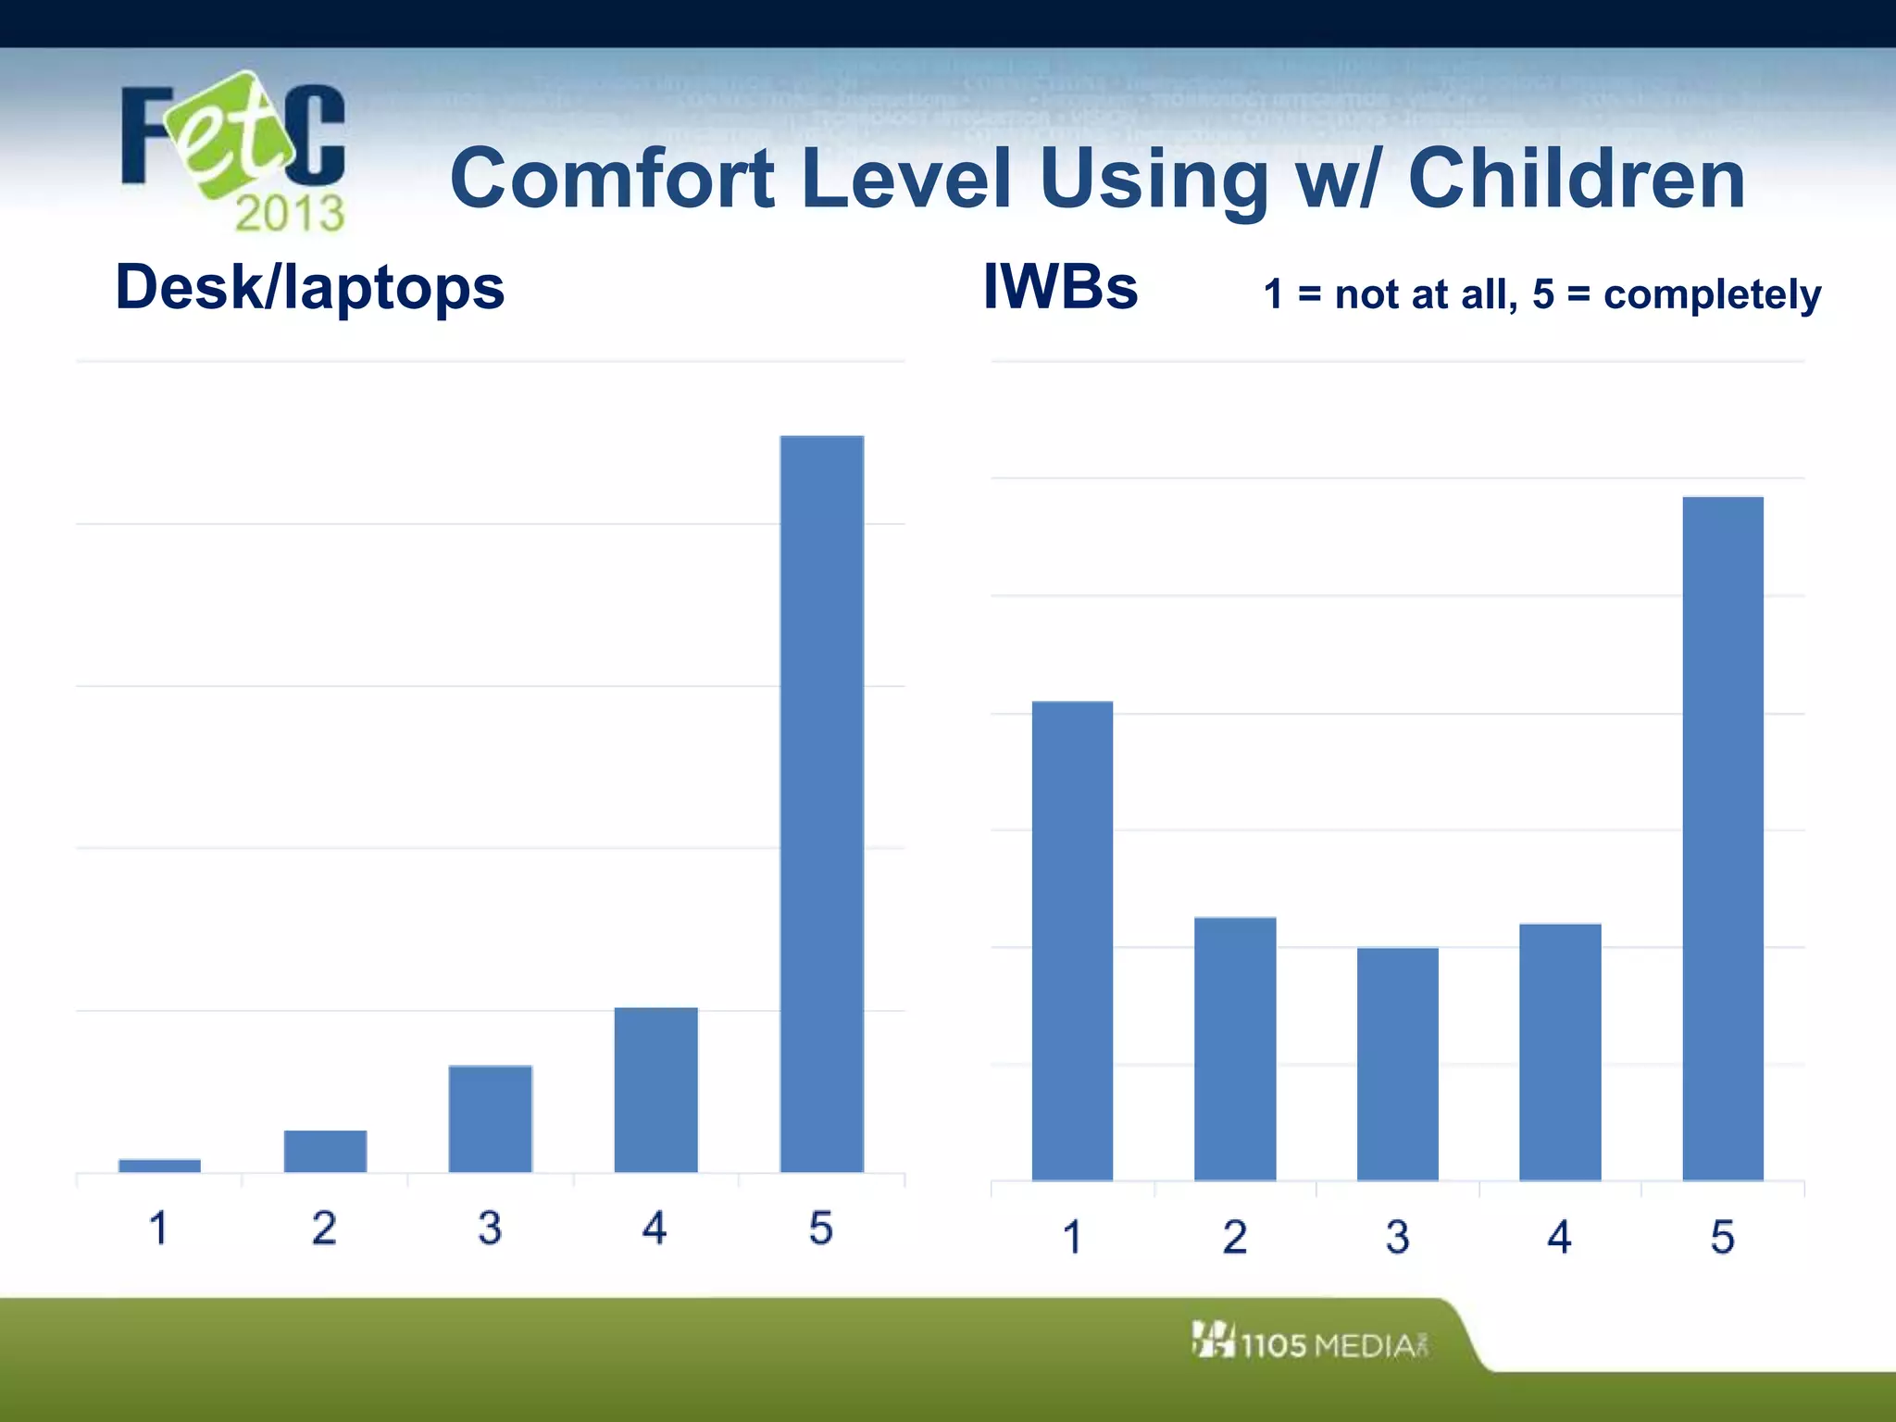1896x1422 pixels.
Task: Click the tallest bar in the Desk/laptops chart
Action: click(822, 804)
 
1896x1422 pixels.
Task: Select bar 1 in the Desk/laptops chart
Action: click(159, 1166)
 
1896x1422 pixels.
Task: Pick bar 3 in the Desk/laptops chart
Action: click(491, 1118)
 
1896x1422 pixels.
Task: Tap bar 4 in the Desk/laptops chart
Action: click(655, 1090)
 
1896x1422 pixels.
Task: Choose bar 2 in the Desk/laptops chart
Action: click(325, 1151)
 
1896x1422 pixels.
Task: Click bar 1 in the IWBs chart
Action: click(1072, 941)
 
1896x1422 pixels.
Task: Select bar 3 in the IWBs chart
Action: click(1397, 1064)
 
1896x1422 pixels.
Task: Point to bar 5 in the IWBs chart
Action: click(1722, 839)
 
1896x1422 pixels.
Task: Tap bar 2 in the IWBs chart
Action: click(1235, 1049)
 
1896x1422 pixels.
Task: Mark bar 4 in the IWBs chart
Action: click(1560, 1052)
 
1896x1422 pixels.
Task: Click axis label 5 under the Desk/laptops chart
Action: click(820, 1229)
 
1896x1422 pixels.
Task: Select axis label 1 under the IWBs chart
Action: click(1072, 1237)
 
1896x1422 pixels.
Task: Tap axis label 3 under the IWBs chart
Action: click(1397, 1237)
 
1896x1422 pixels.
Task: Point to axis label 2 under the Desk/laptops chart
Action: click(324, 1229)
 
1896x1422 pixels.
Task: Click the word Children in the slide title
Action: click(1576, 179)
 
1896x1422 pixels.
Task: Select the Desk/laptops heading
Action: click(309, 288)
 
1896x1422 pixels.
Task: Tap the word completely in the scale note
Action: click(1712, 295)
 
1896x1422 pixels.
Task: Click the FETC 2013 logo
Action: click(233, 151)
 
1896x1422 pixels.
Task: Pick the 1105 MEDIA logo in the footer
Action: click(1311, 1342)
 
